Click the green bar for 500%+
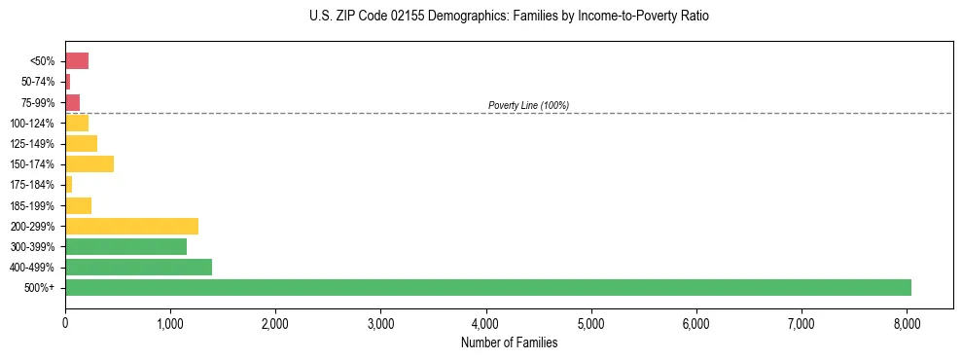tap(486, 287)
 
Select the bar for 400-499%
tap(138, 267)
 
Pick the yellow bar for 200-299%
tap(131, 226)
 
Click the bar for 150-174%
tap(89, 163)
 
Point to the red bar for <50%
tap(77, 61)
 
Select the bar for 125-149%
tap(81, 143)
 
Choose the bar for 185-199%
tap(78, 205)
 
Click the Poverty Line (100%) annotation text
tap(528, 105)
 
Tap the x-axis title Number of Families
tap(509, 342)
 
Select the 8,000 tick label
tap(907, 322)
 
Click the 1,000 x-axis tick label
tap(170, 322)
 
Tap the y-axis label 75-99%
tap(38, 102)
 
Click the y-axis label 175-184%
tap(34, 185)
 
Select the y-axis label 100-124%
tap(34, 123)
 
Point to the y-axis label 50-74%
tap(38, 82)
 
